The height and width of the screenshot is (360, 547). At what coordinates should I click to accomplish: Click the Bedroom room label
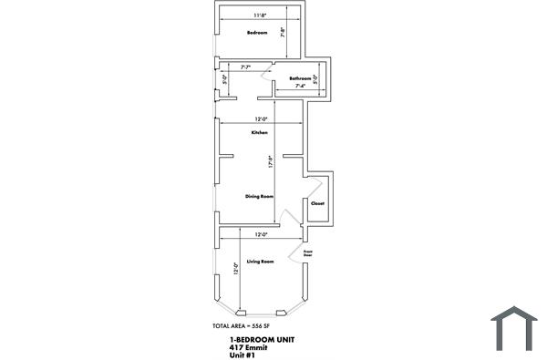coord(256,34)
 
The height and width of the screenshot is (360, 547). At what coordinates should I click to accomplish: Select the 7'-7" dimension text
coord(246,67)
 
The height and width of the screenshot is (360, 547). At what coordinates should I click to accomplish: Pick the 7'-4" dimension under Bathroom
coord(300,87)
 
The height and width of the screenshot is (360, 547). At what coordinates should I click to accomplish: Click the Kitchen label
coord(260,133)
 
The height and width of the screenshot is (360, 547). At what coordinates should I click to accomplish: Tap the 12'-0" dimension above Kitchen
coord(261,118)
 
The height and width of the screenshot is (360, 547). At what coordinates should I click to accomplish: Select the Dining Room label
coord(260,196)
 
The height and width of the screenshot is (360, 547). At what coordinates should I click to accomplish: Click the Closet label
coord(317,203)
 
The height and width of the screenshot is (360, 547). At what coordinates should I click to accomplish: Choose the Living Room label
coord(260,262)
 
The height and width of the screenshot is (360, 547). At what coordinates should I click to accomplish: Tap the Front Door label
coord(308,253)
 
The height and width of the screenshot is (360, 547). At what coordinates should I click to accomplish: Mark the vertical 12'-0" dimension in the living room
coord(235,271)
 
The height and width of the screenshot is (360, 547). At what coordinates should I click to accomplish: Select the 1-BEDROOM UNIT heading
coord(262,339)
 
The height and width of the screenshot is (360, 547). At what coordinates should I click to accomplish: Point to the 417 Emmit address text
coord(247,346)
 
